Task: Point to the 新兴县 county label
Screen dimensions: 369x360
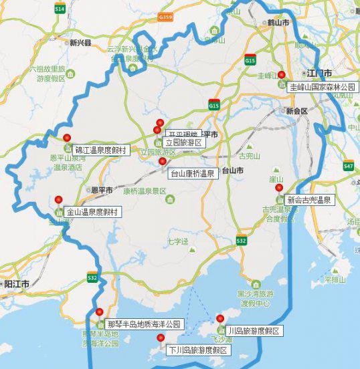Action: [80, 42]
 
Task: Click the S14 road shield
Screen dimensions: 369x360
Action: [60, 9]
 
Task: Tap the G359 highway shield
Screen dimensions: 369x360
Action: [166, 17]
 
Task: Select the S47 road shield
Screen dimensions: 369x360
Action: [348, 165]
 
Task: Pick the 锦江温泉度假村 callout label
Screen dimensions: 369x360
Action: [100, 150]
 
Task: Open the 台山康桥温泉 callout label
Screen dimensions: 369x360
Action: [192, 174]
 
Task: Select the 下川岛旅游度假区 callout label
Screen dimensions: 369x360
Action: [197, 350]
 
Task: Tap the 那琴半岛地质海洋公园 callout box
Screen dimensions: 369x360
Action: [143, 324]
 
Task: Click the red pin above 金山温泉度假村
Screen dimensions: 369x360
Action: [58, 199]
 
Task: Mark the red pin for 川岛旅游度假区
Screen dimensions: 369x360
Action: [220, 318]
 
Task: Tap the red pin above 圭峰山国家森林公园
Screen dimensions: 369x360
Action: [282, 74]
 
